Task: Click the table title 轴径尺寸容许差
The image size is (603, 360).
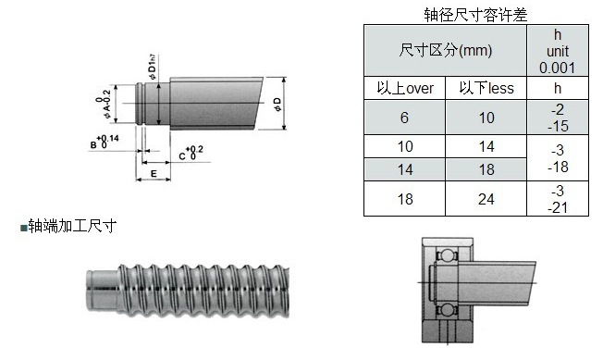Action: (x=475, y=15)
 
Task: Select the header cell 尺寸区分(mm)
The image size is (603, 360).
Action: (x=446, y=50)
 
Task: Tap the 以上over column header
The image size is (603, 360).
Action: (x=405, y=88)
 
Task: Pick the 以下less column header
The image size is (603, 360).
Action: (x=486, y=88)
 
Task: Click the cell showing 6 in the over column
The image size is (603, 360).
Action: (x=404, y=118)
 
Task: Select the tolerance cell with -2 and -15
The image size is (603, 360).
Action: (x=558, y=118)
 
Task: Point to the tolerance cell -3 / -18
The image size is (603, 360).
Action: (x=558, y=157)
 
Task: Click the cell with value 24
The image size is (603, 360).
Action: (x=486, y=199)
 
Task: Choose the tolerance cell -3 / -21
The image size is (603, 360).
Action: (x=558, y=199)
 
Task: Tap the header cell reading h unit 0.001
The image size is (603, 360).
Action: (x=558, y=50)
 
